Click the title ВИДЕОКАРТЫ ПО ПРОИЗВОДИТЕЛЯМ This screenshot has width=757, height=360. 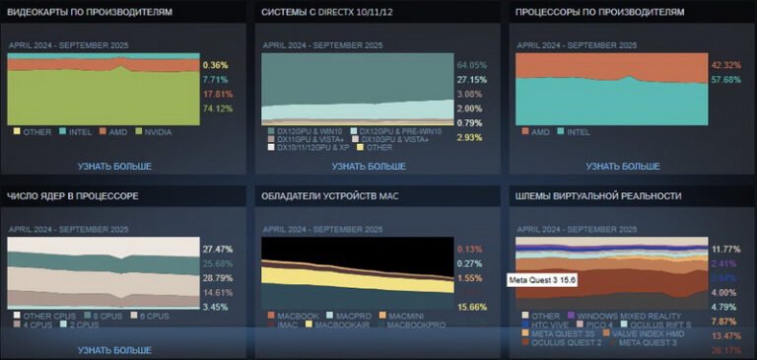tap(90, 13)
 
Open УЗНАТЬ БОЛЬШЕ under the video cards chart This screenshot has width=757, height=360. tap(114, 166)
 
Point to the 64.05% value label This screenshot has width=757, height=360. tap(472, 65)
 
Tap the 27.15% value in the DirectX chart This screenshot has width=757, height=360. tap(472, 80)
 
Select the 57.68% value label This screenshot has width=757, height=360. tap(725, 80)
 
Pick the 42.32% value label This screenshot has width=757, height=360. tap(725, 65)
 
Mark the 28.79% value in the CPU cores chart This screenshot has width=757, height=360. tap(217, 279)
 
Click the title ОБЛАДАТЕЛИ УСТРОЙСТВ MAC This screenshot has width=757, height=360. tap(331, 196)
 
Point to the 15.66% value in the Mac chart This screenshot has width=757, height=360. tap(472, 307)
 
